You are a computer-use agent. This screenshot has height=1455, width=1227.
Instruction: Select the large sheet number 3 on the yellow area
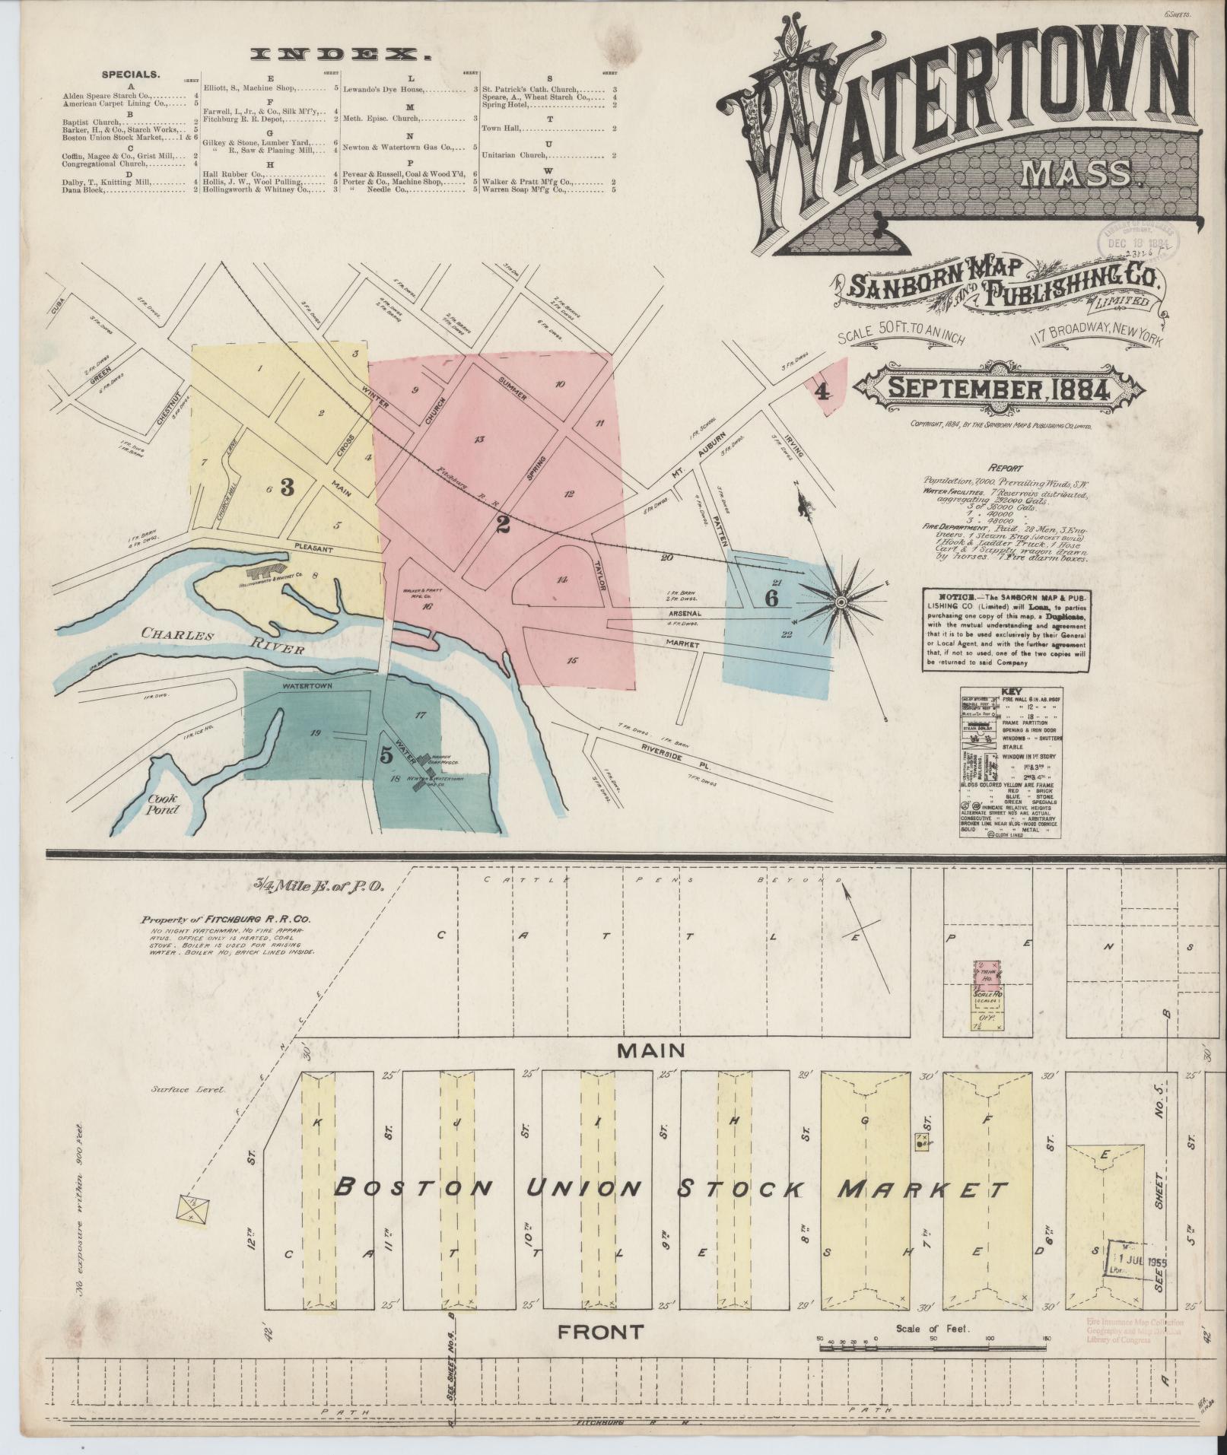click(287, 488)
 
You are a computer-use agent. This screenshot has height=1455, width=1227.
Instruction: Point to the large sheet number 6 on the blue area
click(771, 598)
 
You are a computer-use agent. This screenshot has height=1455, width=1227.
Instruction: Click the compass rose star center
click(841, 602)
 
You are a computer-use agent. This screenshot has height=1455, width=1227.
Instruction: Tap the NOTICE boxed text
click(1009, 630)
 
